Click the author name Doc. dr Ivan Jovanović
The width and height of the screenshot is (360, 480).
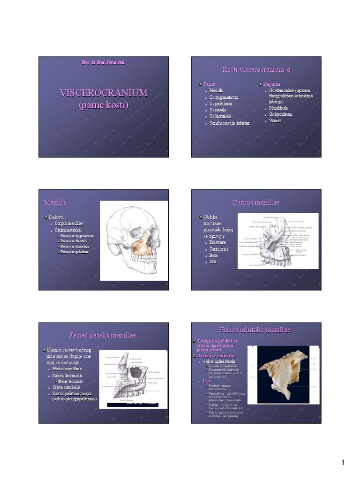[104, 62]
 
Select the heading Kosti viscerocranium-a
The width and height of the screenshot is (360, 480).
[256, 70]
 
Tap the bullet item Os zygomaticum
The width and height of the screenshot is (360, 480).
[224, 97]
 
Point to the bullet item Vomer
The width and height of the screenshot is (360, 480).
[275, 120]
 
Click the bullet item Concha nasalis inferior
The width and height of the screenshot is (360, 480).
[229, 123]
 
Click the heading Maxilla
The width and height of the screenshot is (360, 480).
[56, 202]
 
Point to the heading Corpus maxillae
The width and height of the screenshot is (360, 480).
[256, 202]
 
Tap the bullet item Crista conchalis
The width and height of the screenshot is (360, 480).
[67, 387]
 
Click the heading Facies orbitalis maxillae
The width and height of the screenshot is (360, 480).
[255, 330]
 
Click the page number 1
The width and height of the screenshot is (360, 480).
[343, 463]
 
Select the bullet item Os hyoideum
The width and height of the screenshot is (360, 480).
[280, 114]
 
